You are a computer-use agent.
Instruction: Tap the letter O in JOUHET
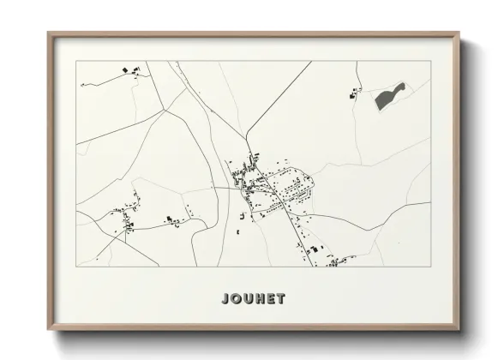pyautogui.click(x=233, y=299)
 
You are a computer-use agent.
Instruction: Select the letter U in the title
pyautogui.click(x=247, y=299)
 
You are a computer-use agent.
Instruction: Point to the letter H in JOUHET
pyautogui.click(x=260, y=299)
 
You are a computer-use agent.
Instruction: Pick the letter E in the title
pyautogui.click(x=272, y=299)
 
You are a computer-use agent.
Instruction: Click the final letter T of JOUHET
pyautogui.click(x=283, y=299)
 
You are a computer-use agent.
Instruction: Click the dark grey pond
pyautogui.click(x=390, y=95)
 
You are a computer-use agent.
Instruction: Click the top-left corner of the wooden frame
pyautogui.click(x=49, y=34)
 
